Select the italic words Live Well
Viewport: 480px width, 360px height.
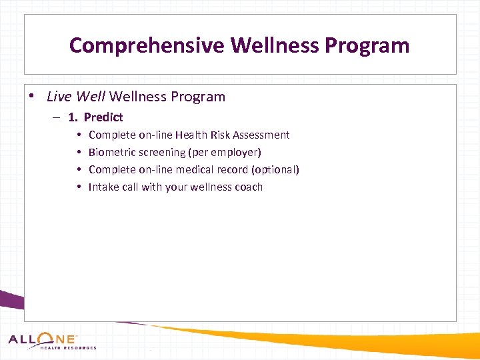click(x=76, y=97)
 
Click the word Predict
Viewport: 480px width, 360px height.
click(x=103, y=117)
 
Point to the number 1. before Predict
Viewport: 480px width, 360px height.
click(x=73, y=117)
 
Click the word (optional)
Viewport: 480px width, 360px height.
click(x=275, y=170)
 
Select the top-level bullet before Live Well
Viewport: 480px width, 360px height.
click(x=33, y=97)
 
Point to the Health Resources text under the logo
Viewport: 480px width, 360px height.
click(x=68, y=348)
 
